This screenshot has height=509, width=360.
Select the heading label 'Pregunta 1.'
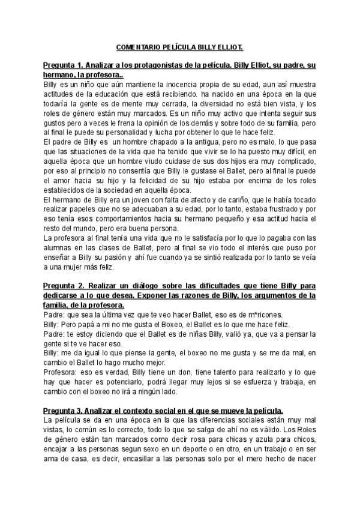[64, 65]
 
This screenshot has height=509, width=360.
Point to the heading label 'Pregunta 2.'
[64, 285]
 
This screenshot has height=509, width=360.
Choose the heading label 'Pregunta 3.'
[64, 394]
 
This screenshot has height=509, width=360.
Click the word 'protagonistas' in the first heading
[150, 65]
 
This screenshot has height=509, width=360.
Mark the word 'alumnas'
[58, 248]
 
